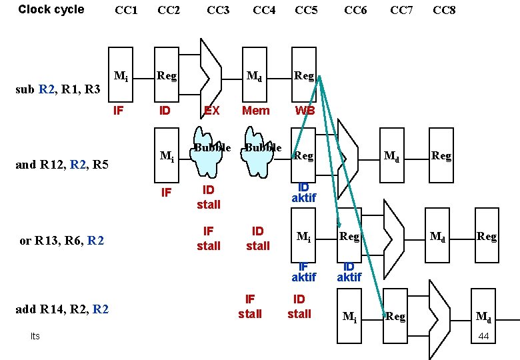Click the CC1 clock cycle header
pos(126,11)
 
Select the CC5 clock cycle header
pos(306,11)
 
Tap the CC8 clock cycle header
pos(444,11)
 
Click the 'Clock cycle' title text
pos(51,9)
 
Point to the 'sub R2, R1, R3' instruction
pos(58,89)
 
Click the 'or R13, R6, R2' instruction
pos(61,241)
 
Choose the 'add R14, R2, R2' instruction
pos(61,309)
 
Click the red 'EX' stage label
pos(211,111)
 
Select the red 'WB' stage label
pos(305,111)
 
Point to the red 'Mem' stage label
pos(255,111)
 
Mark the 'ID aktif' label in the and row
pos(303,193)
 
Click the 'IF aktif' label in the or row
pos(303,271)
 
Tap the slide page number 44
pos(484,336)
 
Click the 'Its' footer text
pos(35,336)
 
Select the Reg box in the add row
pos(395,315)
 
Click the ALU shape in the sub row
pos(211,67)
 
